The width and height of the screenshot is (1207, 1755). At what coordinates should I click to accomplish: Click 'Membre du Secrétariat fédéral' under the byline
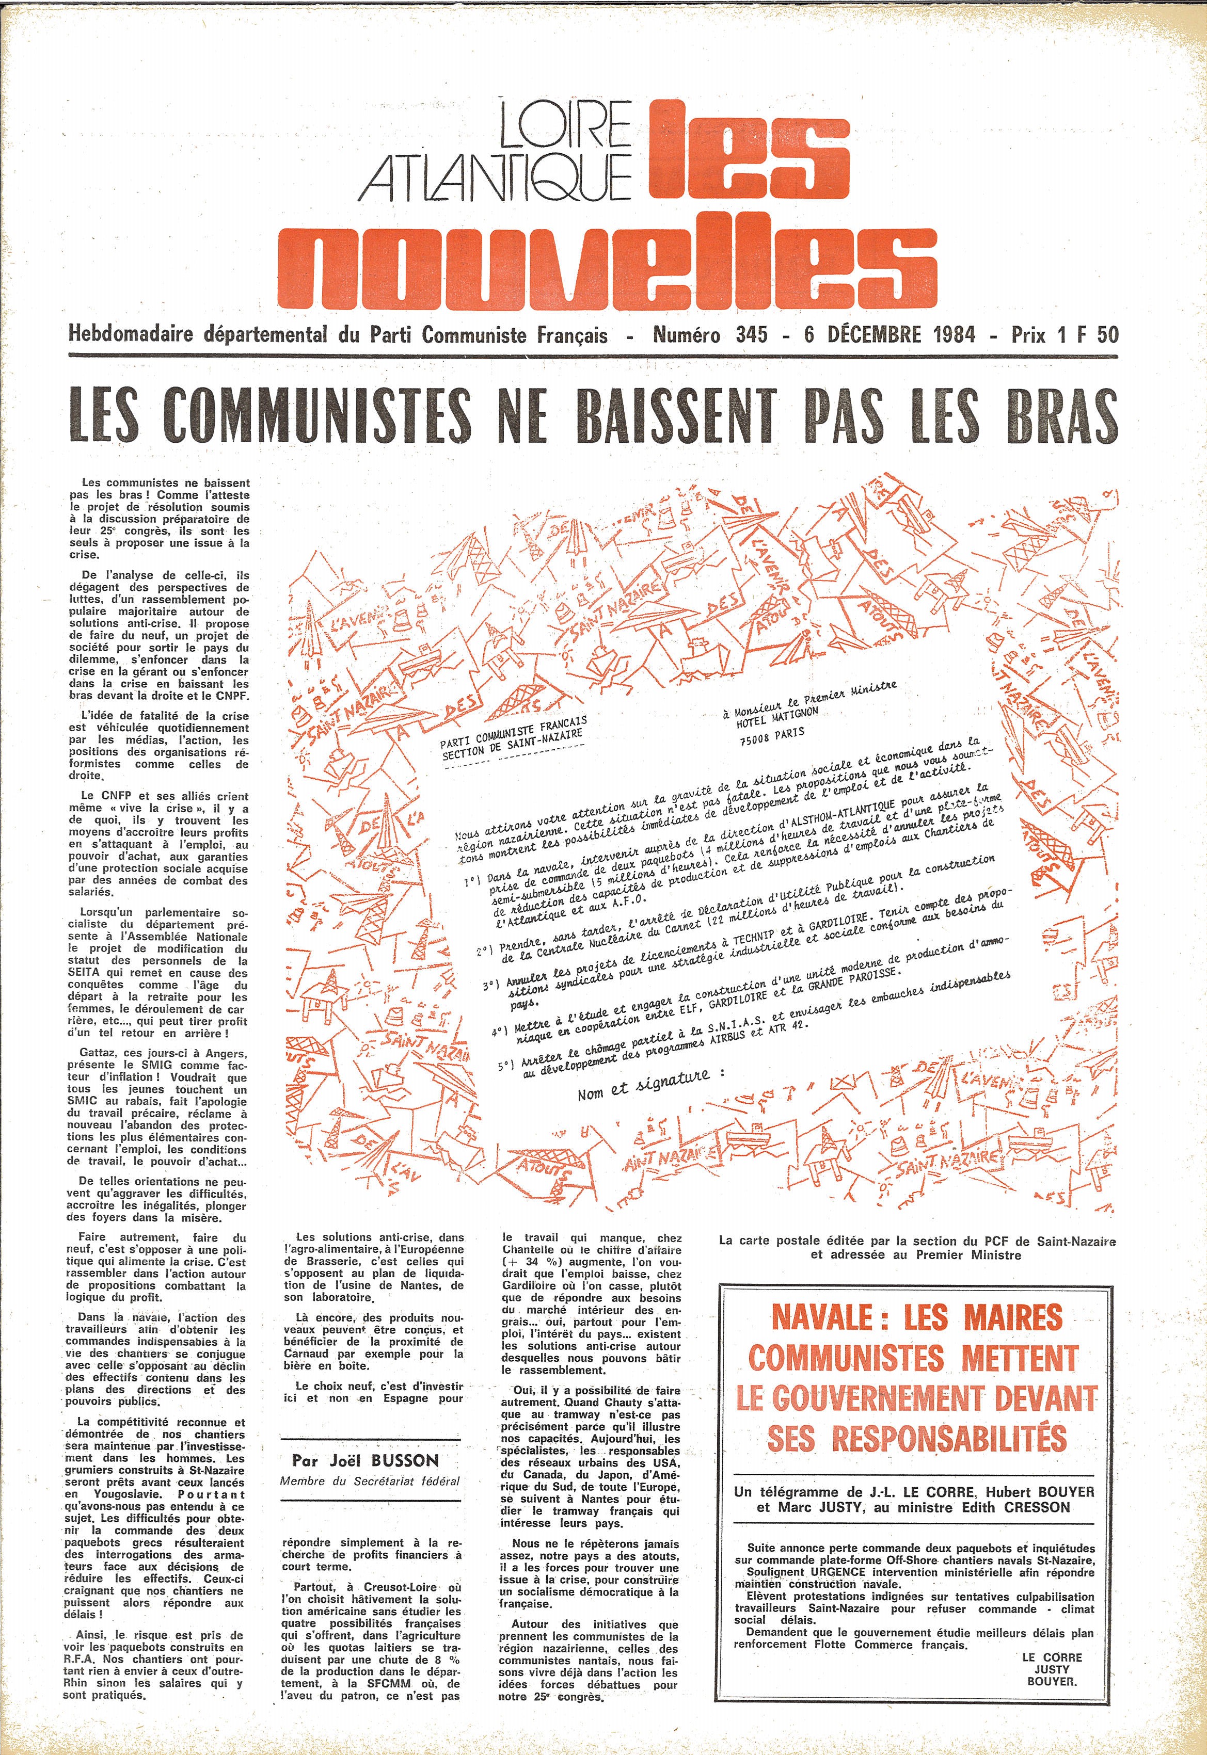coord(370,1502)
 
